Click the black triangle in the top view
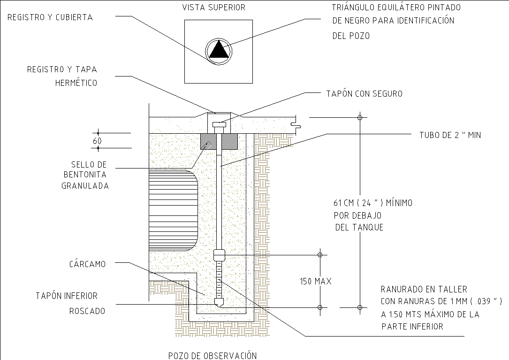click(219, 50)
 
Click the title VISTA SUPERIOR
click(213, 8)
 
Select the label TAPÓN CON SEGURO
click(364, 94)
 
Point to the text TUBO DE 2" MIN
click(450, 135)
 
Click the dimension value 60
click(98, 141)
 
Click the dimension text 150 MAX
click(315, 282)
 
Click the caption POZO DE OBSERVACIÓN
click(213, 355)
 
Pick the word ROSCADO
click(87, 311)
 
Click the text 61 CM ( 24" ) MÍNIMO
click(372, 204)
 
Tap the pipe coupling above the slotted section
click(219, 255)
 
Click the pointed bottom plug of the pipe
click(219, 302)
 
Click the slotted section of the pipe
click(219, 280)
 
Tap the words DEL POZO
click(350, 36)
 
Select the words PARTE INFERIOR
click(412, 327)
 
